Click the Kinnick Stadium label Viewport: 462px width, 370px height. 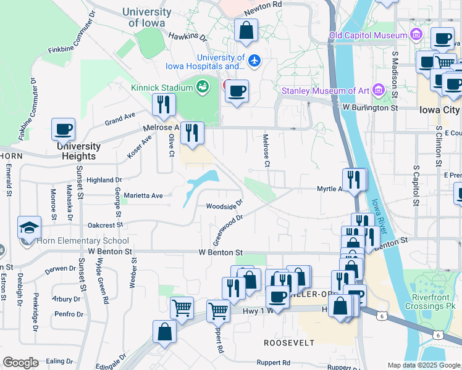coord(159,88)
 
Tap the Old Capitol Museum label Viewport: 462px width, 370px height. coord(368,36)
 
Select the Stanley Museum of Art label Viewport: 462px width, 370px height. coord(325,91)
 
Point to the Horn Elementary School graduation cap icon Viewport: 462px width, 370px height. coord(30,228)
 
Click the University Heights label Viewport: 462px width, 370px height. coord(78,151)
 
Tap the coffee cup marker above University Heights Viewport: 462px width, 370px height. coord(63,129)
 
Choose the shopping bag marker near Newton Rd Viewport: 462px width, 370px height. coord(246,31)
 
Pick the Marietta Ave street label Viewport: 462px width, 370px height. coord(143,195)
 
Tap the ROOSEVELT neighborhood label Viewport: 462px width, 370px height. coord(289,342)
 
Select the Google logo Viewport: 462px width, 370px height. coord(20,363)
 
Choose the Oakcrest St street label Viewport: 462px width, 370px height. coord(105,225)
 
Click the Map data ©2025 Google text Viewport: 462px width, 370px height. coord(423,365)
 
